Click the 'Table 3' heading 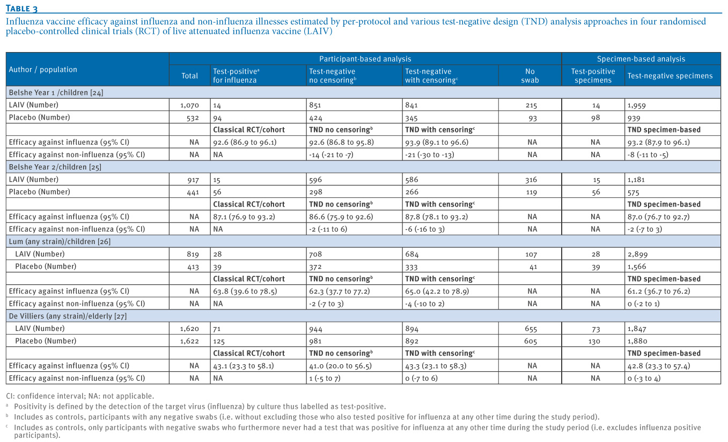tap(22, 8)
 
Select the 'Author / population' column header tap(43, 69)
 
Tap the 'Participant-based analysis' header tap(365, 59)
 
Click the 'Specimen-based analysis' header tap(641, 59)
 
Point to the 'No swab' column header tap(530, 76)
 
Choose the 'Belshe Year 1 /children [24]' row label tap(56, 93)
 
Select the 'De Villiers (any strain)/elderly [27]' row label tap(68, 316)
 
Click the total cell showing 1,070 tap(189, 105)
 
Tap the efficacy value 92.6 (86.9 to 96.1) tap(245, 142)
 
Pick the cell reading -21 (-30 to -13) tap(429, 154)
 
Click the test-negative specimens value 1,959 tap(636, 105)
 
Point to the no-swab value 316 tap(531, 180)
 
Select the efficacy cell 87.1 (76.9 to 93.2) tap(244, 217)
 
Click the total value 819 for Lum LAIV tap(193, 254)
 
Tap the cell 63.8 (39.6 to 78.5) tap(245, 291)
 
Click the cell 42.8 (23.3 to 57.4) tap(658, 366)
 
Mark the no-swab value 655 tap(531, 329)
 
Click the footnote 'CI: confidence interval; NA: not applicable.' tap(80, 396)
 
